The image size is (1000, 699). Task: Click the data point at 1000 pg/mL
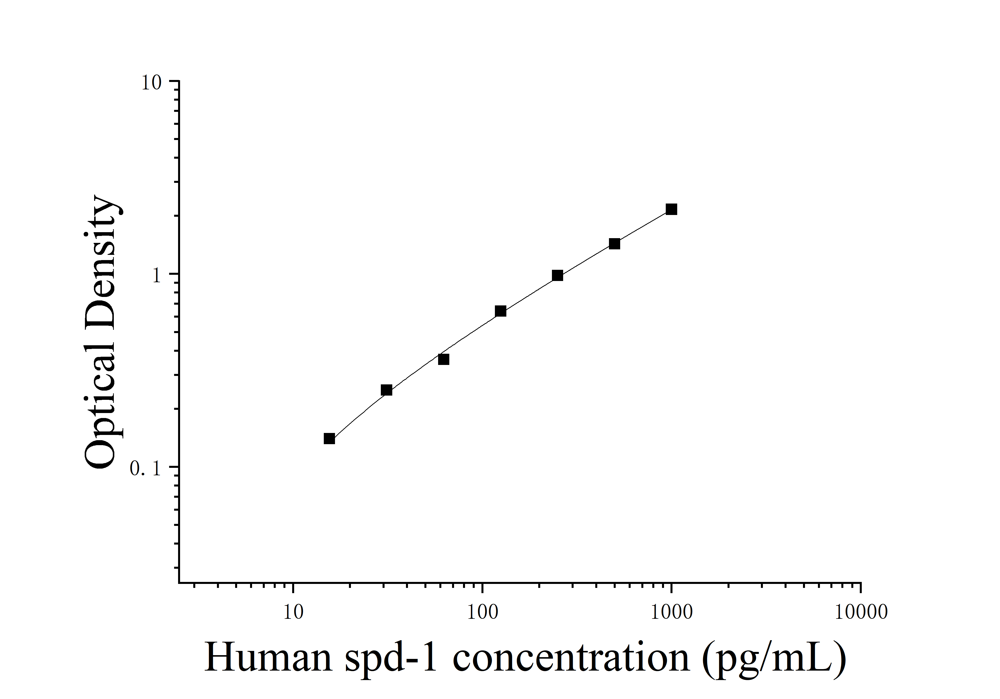tap(671, 210)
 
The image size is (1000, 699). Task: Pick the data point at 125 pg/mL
tap(500, 311)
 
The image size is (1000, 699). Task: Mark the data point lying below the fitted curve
tap(443, 359)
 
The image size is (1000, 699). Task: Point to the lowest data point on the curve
tap(329, 439)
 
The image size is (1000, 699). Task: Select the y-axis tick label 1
tap(157, 276)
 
